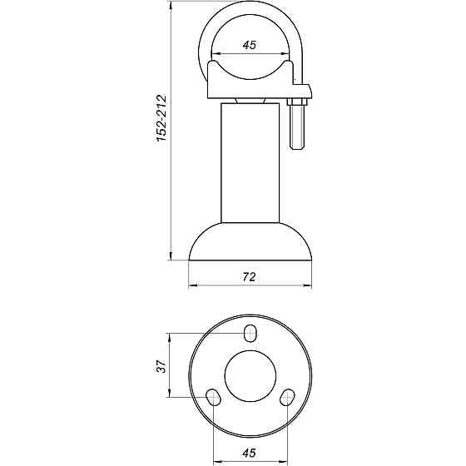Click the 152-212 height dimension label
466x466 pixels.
pos(161,117)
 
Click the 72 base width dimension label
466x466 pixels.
pos(249,276)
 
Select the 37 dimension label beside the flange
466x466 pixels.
pos(161,366)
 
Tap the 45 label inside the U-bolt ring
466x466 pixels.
pos(249,45)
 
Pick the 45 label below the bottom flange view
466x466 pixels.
pos(249,453)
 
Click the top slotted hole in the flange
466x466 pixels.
pos(250,333)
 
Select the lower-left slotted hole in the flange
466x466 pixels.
pos(213,397)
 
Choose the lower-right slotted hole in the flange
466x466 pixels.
pos(287,397)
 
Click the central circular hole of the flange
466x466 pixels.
pos(250,376)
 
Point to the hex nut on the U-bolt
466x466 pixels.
pos(297,102)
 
